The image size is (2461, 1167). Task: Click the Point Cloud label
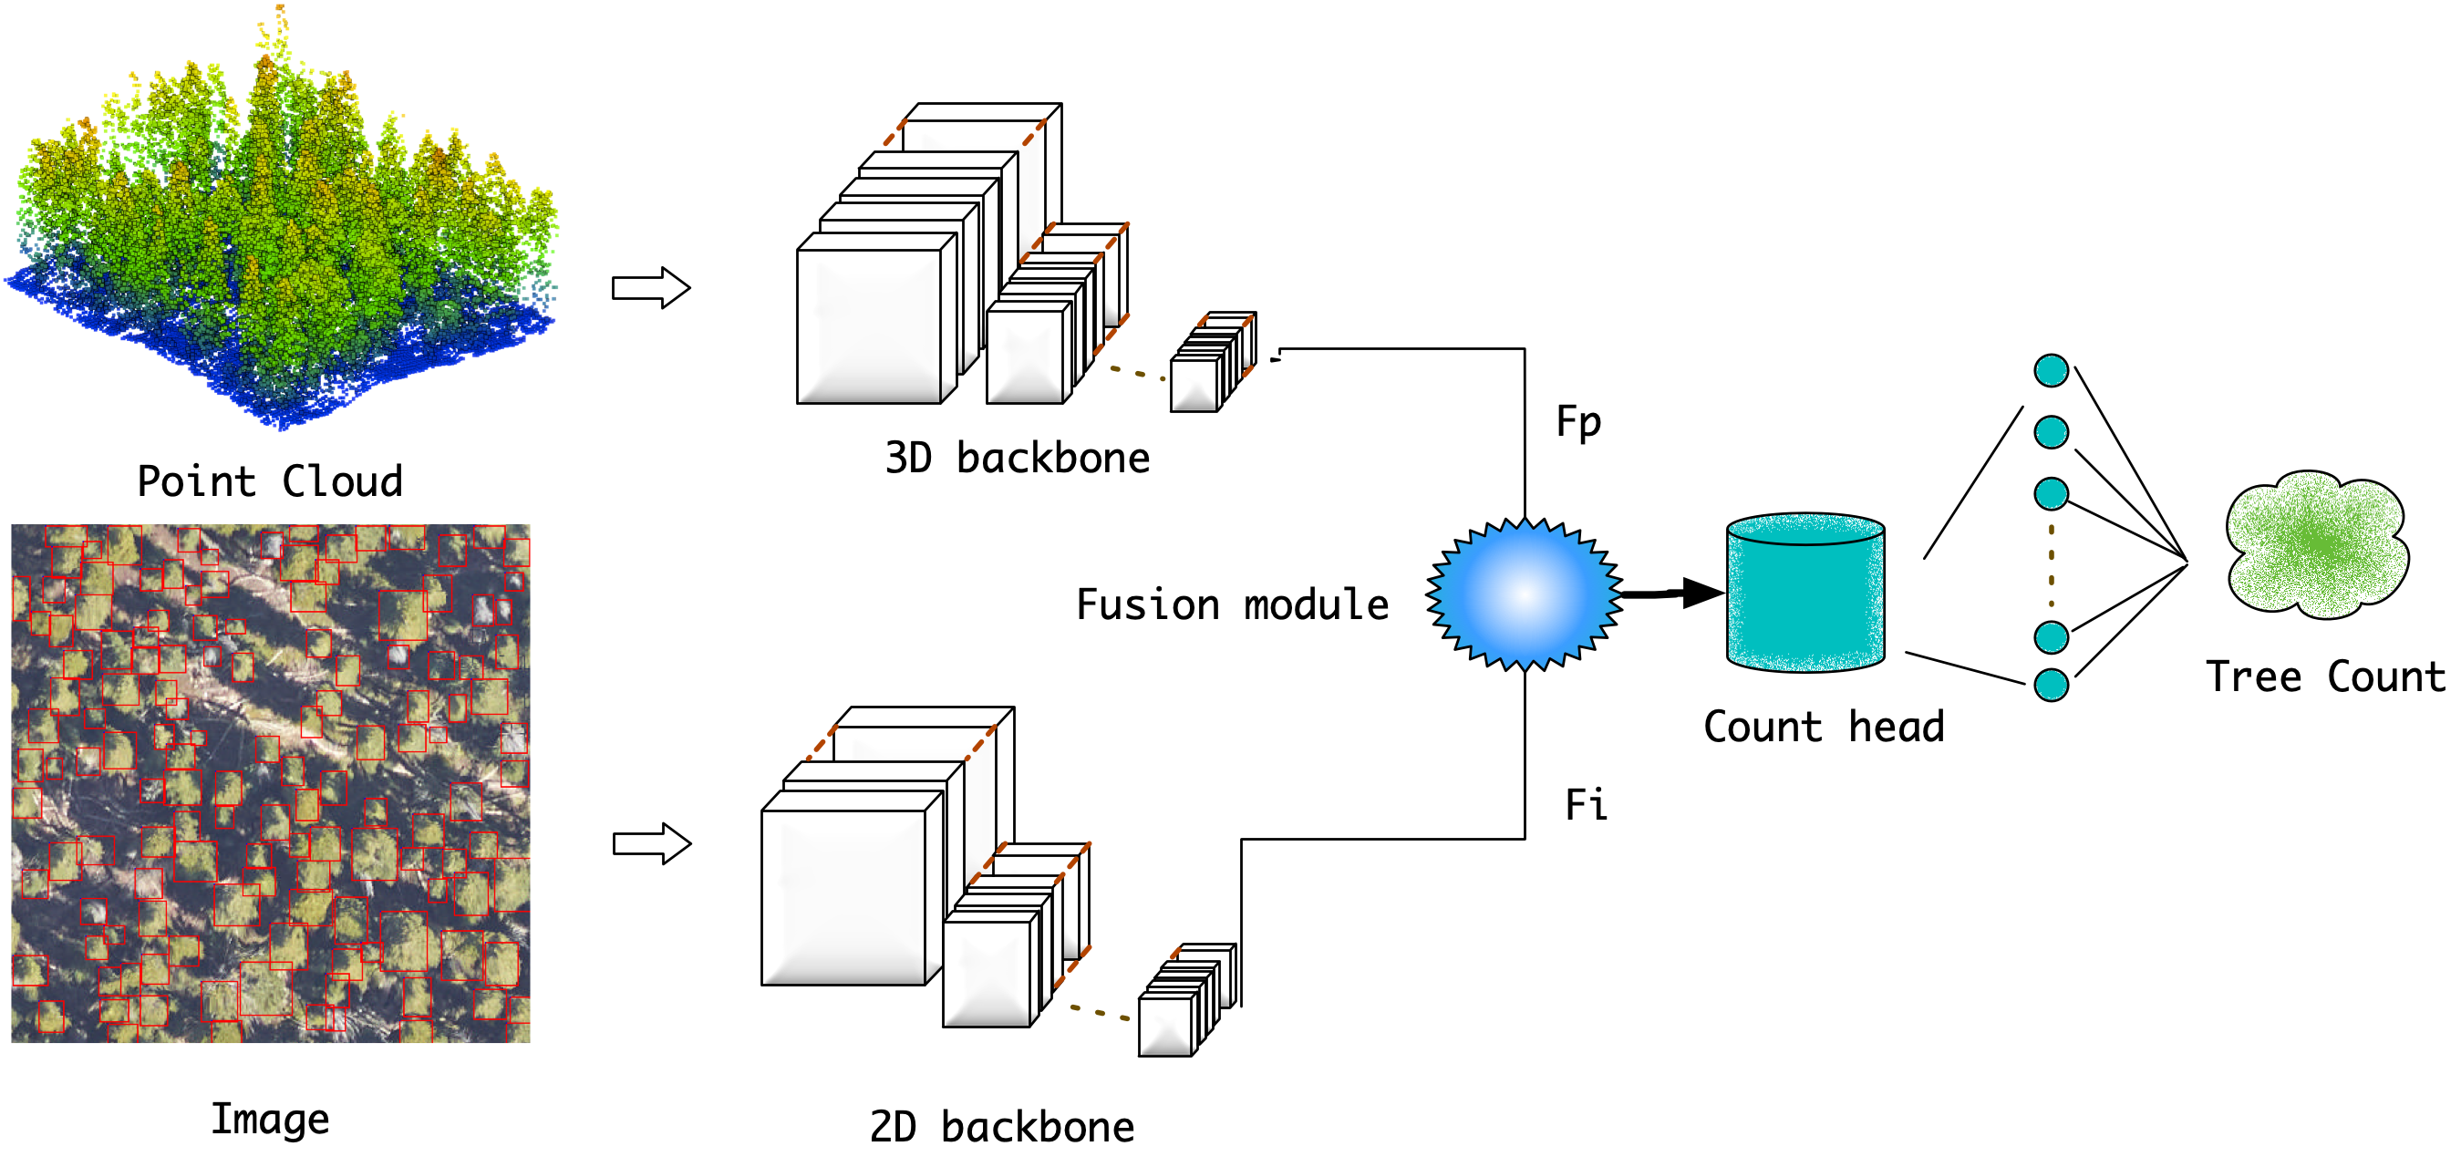pyautogui.click(x=271, y=480)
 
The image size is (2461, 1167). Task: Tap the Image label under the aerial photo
pyautogui.click(x=271, y=1119)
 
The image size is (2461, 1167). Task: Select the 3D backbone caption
pyautogui.click(x=1018, y=458)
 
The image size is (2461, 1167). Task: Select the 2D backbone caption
pyautogui.click(x=1002, y=1127)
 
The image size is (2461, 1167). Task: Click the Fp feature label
pyautogui.click(x=1578, y=421)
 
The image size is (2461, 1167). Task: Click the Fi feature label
pyautogui.click(x=1586, y=804)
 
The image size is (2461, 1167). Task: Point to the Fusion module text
pyautogui.click(x=1233, y=604)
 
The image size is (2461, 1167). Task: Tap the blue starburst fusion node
pyautogui.click(x=1525, y=594)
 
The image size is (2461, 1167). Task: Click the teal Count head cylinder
pyautogui.click(x=1805, y=597)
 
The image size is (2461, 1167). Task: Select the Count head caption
pyautogui.click(x=1824, y=727)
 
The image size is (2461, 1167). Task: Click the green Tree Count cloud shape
pyautogui.click(x=2317, y=544)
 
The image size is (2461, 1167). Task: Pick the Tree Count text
pyautogui.click(x=2325, y=676)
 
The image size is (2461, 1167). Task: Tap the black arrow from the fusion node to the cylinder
pyautogui.click(x=1672, y=593)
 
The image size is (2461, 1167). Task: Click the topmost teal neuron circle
pyautogui.click(x=2052, y=370)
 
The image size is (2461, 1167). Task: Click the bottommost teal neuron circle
pyautogui.click(x=2052, y=685)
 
